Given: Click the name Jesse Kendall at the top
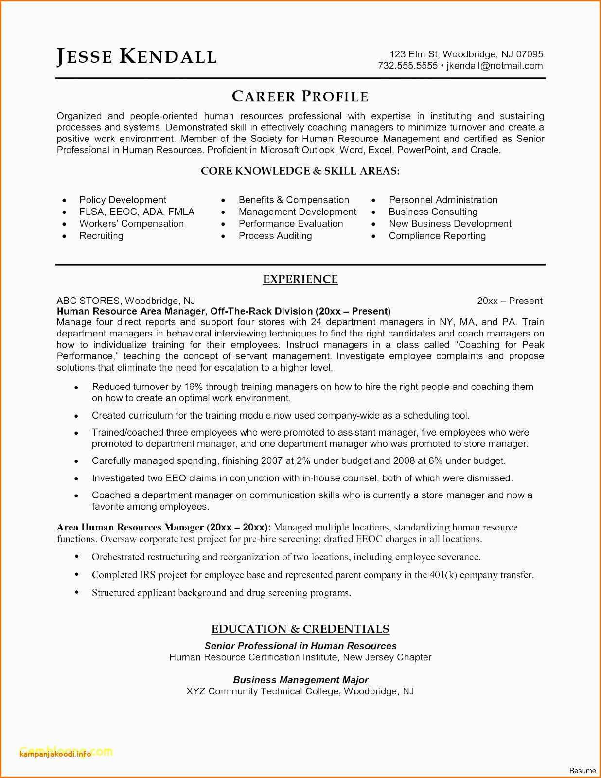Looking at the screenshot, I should coord(137,56).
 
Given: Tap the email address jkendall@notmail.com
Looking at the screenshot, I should coord(495,66).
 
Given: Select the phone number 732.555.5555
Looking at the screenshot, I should coord(407,66).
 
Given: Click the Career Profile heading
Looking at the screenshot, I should coord(300,96).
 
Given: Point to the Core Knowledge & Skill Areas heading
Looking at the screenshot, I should coord(300,171).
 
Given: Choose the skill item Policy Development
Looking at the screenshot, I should coord(123,200).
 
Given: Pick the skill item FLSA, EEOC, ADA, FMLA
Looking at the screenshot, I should coord(137,212).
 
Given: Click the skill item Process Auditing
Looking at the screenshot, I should coord(275,236).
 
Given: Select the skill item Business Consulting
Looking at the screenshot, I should coord(433,212).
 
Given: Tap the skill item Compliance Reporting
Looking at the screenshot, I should coord(437,236).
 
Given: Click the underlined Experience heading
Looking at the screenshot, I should coord(300,279).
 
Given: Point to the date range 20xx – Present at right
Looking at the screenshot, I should coord(510,301).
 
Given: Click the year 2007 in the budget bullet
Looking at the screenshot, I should coord(272,460).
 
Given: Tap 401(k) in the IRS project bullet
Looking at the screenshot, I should coord(443,575).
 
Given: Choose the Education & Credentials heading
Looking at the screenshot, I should coord(300,629).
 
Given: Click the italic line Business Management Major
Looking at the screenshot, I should coord(300,680).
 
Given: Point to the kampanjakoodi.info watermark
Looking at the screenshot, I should coord(55,754).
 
